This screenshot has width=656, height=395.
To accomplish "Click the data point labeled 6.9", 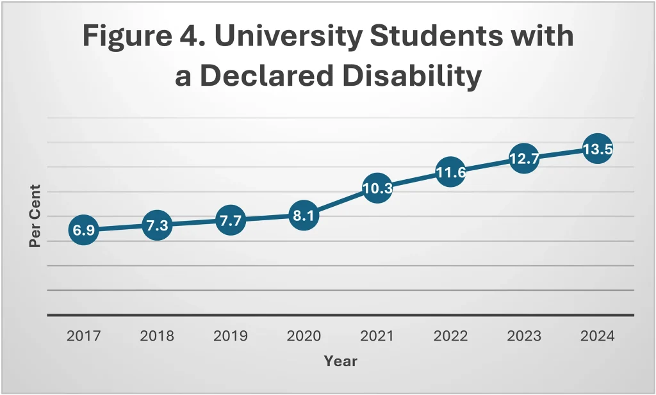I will pos(84,230).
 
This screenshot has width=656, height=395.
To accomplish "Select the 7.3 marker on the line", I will pos(157,225).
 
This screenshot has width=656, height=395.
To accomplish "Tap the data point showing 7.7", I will pos(230,221).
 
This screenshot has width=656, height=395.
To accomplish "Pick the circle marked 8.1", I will pos(304,216).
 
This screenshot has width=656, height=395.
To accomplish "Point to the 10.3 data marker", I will pos(377,188).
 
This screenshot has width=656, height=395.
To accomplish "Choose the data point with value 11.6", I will pos(450,172).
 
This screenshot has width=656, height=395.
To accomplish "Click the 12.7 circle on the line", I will pos(523,159).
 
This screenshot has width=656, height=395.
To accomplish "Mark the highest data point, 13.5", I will pos(596,149).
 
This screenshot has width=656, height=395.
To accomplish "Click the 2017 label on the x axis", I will pos(84,336).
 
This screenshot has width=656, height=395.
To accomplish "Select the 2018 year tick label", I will pos(157,336).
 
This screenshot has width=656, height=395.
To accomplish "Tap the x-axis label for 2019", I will pos(230,336).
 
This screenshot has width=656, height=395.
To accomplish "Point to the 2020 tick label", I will pos(304,336).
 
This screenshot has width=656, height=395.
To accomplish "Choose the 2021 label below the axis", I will pos(377,336).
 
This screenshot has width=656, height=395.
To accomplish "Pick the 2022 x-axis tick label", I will pos(450,336).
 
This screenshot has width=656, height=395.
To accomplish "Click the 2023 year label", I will pos(523,336).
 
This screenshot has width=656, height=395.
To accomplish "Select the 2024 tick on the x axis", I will pos(596,336).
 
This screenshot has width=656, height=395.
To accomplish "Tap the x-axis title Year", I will pos(340,361).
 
